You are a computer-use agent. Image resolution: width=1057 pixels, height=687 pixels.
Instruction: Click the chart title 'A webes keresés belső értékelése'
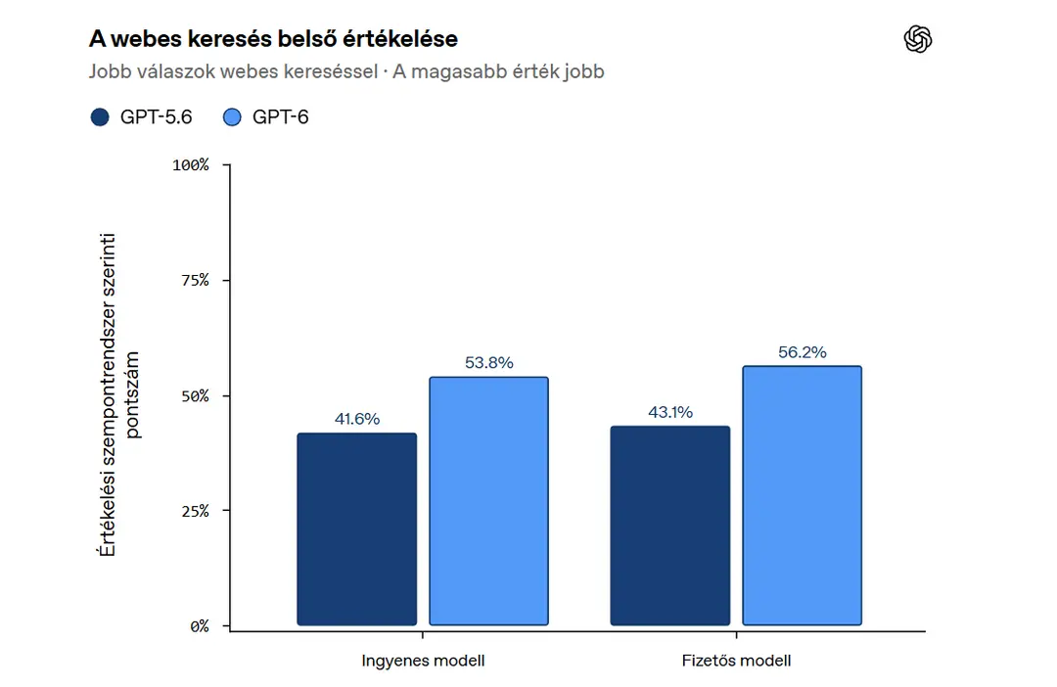point(273,39)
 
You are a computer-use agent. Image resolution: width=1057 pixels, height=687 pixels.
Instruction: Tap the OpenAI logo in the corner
point(917,38)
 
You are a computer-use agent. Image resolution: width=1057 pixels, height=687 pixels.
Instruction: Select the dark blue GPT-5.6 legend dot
point(100,117)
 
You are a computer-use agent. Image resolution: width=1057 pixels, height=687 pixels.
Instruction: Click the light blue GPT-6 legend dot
point(232,117)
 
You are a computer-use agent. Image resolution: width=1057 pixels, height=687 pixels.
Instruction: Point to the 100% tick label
point(191,165)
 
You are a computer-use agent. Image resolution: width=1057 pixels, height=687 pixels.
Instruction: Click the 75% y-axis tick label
point(195,281)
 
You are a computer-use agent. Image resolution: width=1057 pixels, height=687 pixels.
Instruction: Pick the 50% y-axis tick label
point(195,395)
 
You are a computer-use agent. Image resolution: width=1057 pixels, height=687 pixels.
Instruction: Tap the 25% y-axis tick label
point(195,511)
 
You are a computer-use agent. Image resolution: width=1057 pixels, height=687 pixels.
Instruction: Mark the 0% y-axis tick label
point(200,626)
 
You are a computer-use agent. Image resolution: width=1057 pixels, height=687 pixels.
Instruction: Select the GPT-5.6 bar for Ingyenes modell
point(356,529)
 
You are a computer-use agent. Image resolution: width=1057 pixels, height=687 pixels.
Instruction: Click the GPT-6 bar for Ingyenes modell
point(488,501)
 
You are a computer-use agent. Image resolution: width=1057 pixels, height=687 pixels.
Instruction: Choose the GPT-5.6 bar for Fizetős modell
point(670,526)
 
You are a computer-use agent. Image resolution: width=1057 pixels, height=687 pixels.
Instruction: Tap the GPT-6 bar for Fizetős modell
point(803,495)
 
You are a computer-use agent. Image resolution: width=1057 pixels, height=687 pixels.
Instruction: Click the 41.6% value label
point(357,419)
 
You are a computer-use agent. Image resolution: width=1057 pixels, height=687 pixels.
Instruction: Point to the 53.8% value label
point(488,363)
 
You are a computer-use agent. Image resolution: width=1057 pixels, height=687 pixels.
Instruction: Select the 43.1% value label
point(670,412)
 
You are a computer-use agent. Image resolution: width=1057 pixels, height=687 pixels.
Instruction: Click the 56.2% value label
point(803,352)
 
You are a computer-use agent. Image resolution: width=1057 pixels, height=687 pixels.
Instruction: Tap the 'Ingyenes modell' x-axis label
point(423,661)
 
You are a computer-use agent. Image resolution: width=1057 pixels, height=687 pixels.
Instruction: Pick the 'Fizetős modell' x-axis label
point(736,661)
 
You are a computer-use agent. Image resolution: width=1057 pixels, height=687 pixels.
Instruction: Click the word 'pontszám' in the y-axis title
point(132,395)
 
